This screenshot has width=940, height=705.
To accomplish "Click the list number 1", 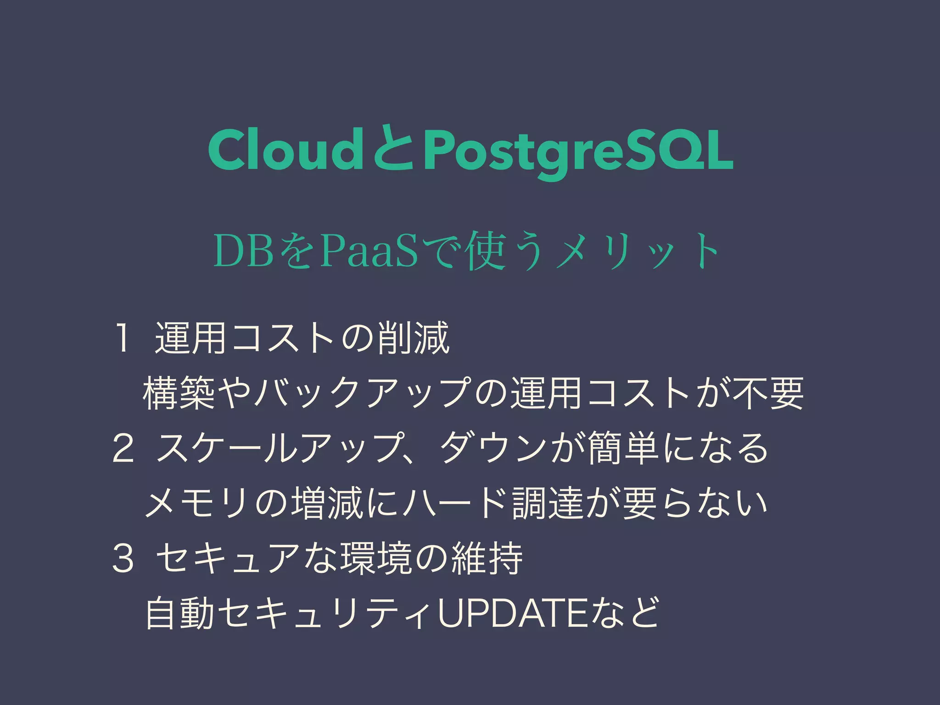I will [122, 339].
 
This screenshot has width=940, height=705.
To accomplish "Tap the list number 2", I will [123, 448].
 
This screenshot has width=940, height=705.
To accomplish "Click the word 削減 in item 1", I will [413, 339].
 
